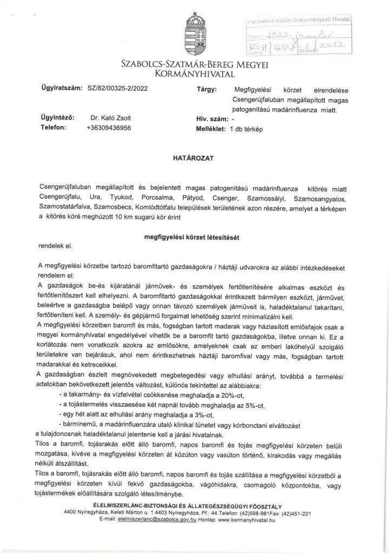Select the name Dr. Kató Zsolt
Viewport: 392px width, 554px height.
pos(111,117)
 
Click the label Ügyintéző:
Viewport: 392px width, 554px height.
pos(57,117)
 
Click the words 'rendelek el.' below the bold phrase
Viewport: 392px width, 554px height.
pos(56,247)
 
